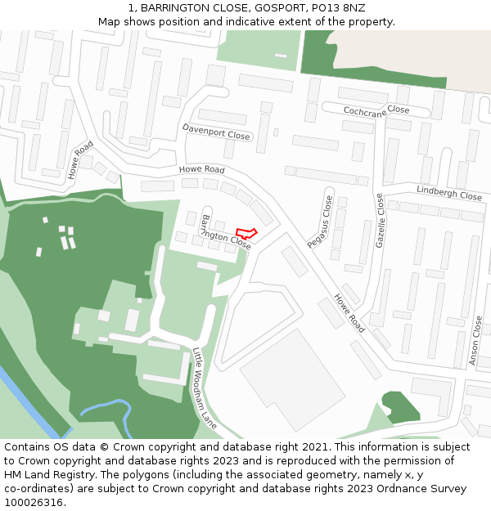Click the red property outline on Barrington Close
click(x=246, y=234)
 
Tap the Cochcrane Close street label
click(x=376, y=110)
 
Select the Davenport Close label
click(x=216, y=132)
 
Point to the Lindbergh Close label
click(x=449, y=194)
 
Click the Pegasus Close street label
click(x=320, y=222)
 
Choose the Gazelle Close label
click(x=380, y=221)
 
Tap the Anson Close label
click(x=476, y=341)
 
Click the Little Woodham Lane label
click(x=205, y=388)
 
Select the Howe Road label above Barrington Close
click(x=201, y=170)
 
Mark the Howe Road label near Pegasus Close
click(x=349, y=313)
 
